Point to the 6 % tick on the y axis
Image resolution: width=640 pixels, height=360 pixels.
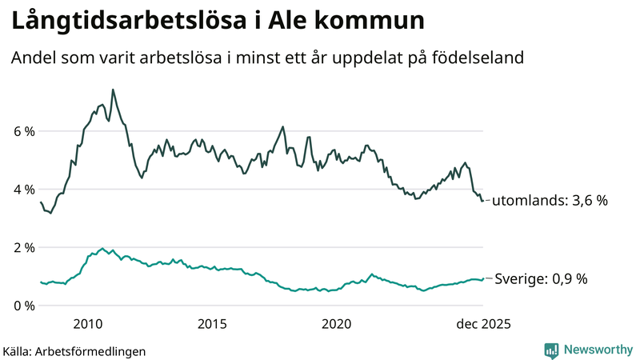[x=23, y=131]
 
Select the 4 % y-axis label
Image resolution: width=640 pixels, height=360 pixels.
[x=23, y=190]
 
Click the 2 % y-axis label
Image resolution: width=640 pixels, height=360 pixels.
[x=23, y=248]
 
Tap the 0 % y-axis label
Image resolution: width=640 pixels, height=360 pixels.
[x=23, y=306]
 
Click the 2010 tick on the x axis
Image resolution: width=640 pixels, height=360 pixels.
[x=87, y=324]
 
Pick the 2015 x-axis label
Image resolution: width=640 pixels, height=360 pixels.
[x=212, y=324]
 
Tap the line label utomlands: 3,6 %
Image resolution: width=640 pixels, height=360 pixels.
[x=550, y=201]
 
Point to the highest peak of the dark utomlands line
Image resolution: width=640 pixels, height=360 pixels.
[x=113, y=90]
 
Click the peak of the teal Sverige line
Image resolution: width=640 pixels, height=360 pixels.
[x=102, y=248]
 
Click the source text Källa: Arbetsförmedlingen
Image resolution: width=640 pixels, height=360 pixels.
[x=74, y=350]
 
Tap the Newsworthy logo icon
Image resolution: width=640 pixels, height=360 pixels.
[x=551, y=350]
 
